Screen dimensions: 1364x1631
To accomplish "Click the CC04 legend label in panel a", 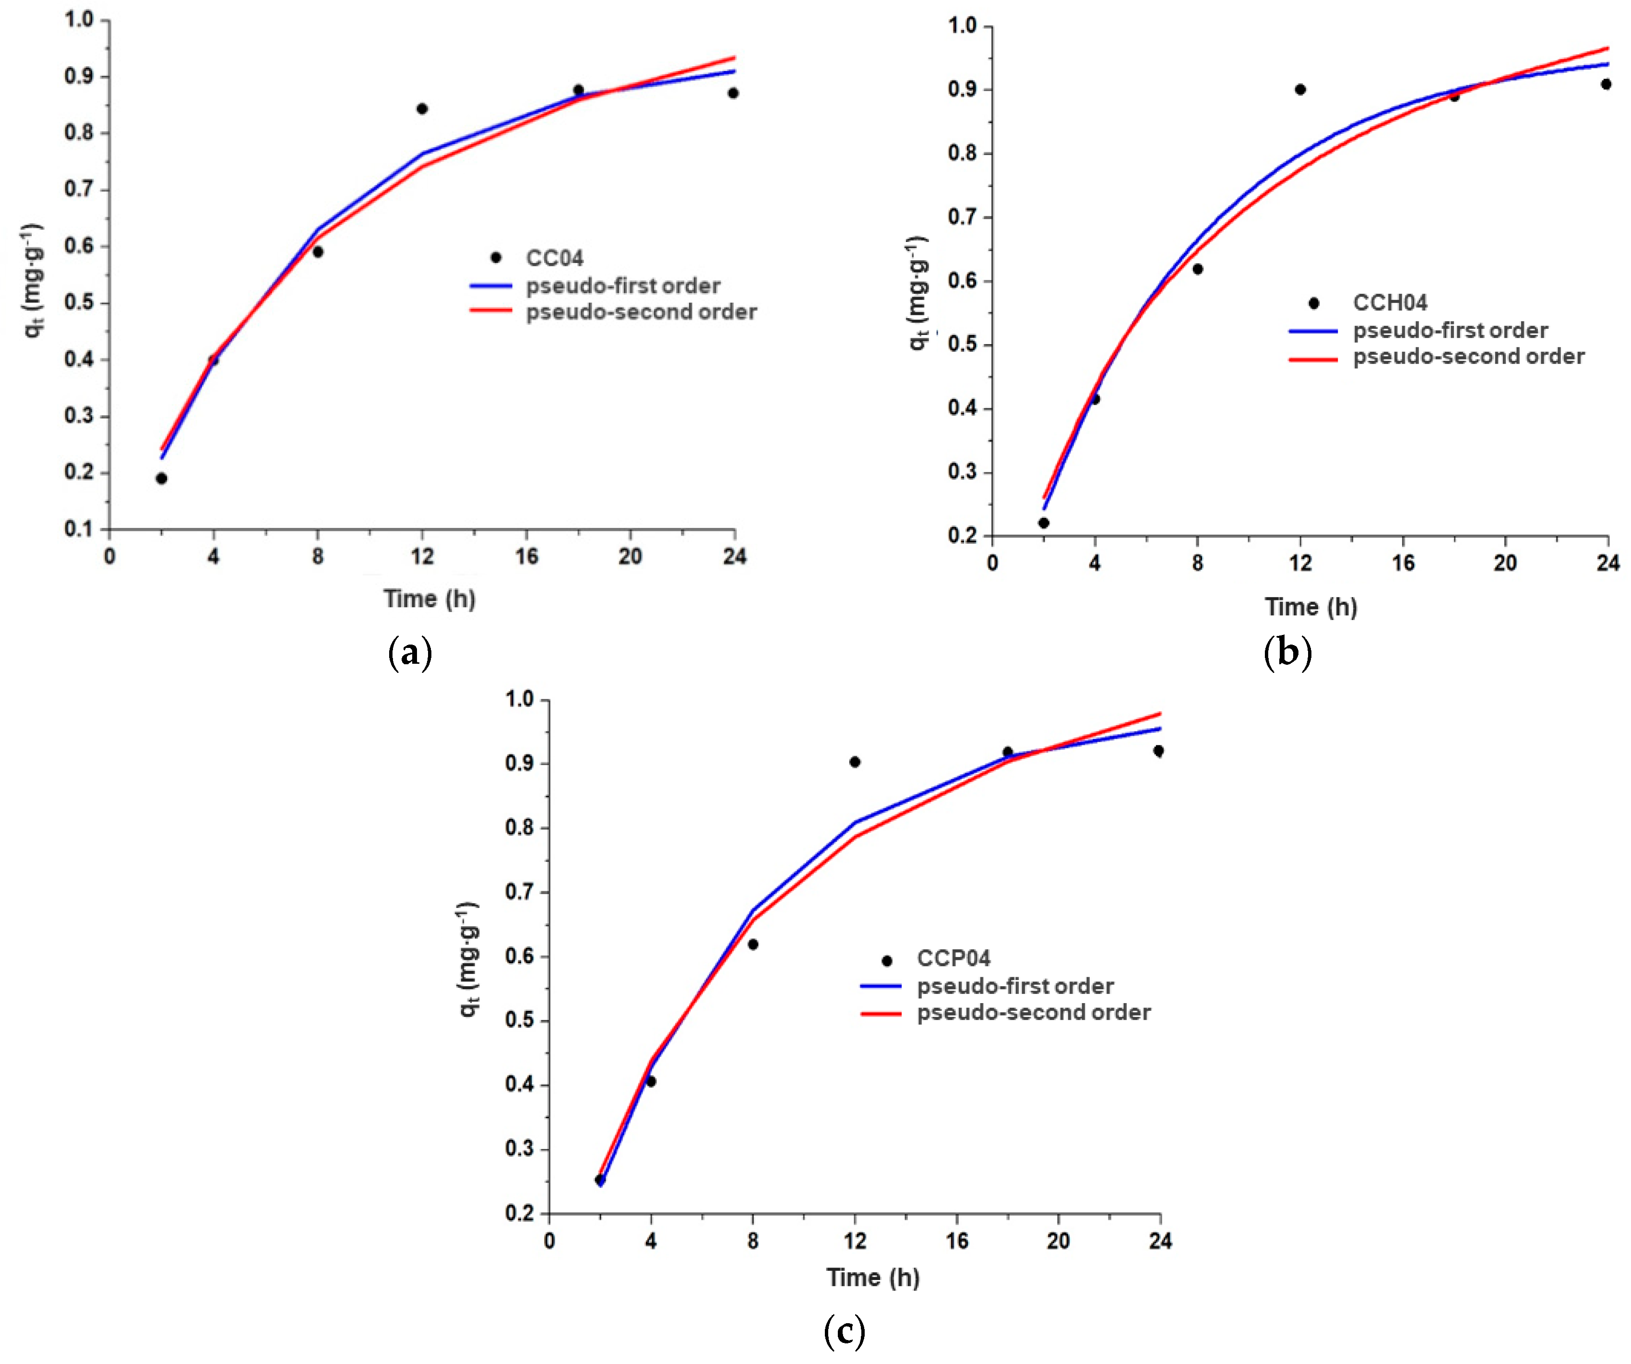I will tap(555, 258).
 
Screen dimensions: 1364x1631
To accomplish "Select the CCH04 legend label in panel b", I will tap(1390, 302).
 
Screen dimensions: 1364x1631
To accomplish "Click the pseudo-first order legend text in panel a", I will tap(623, 286).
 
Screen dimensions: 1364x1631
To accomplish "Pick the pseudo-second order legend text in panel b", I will tap(1468, 357).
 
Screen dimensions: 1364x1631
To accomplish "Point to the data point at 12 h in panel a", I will tap(422, 109).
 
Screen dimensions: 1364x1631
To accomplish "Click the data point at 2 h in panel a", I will tap(162, 479).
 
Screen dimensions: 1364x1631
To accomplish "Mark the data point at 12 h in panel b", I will tap(1300, 89).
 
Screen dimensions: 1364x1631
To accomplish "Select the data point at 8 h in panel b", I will tap(1198, 269).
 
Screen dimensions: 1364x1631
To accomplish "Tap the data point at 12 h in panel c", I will tap(854, 762).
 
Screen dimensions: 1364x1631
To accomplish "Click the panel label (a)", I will tap(409, 652).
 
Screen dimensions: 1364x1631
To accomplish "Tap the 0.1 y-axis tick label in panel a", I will tap(78, 529).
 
